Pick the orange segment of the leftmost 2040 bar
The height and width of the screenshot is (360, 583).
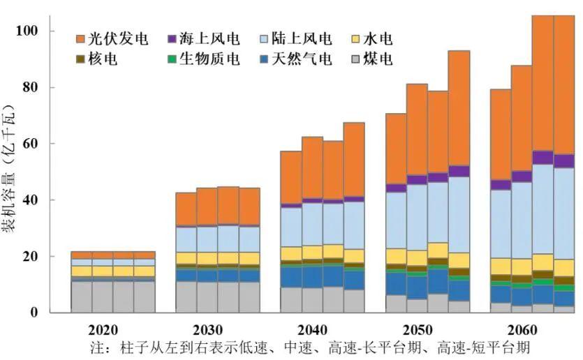[290, 178]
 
